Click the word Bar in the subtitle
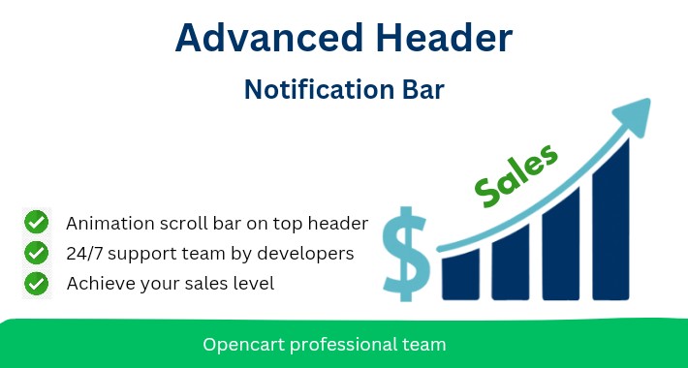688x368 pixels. coord(420,89)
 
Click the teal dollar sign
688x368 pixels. coord(405,250)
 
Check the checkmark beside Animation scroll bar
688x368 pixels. coord(37,223)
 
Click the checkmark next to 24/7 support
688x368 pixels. coord(37,253)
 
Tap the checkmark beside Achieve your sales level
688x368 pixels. coord(37,284)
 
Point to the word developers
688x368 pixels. coord(307,255)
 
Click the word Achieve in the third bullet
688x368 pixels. coord(98,284)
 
